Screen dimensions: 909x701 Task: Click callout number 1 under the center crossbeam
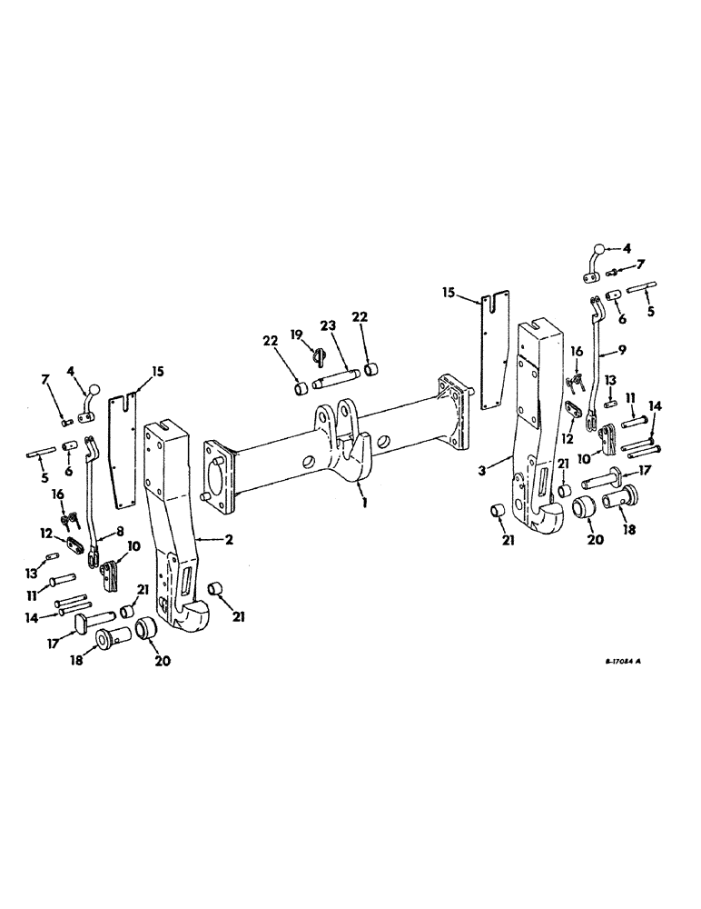(x=365, y=500)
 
